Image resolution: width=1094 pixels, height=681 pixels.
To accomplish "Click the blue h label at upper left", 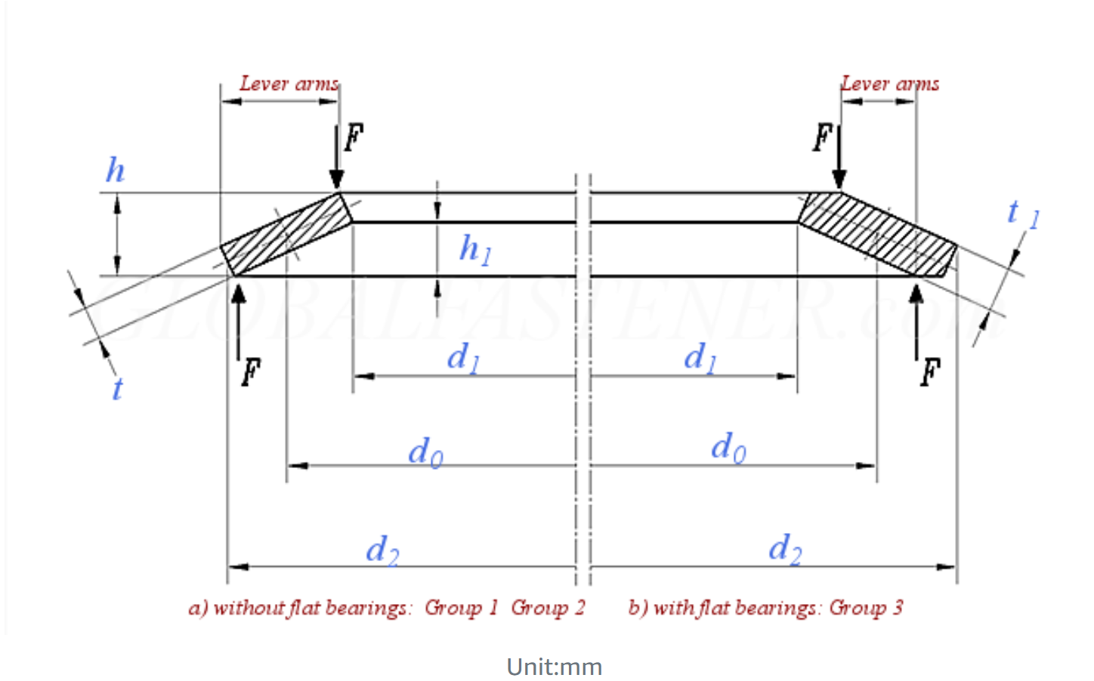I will click(115, 171).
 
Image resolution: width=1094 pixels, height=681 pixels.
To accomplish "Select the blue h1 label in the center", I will click(475, 248).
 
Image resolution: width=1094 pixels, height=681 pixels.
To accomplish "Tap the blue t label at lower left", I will click(117, 390).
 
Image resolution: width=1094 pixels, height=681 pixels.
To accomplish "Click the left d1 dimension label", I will click(463, 358).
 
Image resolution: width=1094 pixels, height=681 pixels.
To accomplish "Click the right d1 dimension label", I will click(700, 358).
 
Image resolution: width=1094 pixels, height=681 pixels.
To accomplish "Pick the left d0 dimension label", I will click(425, 452).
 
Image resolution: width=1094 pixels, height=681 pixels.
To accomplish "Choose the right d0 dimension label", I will click(728, 448).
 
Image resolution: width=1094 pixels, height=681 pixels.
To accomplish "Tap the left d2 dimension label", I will click(382, 550).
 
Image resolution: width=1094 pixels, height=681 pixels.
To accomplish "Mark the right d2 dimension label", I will click(785, 548).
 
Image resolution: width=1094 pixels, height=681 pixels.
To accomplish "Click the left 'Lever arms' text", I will click(289, 84).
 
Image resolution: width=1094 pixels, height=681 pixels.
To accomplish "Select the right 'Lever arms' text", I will click(890, 84).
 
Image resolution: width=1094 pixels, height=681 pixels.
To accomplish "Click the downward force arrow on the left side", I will click(337, 158).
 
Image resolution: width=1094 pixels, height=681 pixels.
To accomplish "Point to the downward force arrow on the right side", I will click(839, 158).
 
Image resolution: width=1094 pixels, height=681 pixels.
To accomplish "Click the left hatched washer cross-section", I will click(286, 234).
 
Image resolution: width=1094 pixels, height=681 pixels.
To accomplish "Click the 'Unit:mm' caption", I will click(554, 667).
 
